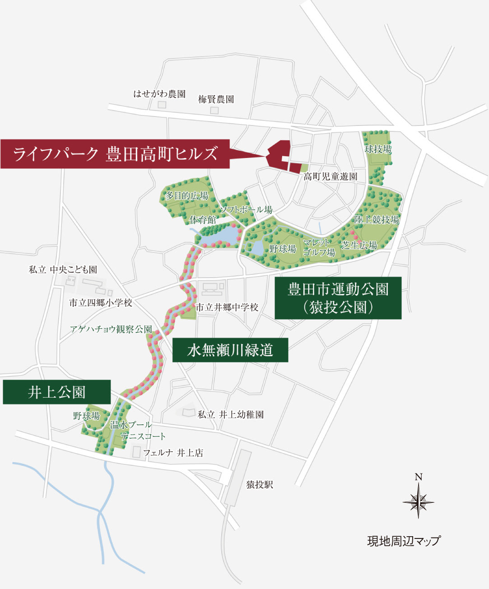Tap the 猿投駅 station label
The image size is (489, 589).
[x=260, y=485]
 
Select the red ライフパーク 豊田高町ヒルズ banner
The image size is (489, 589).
[x=115, y=154]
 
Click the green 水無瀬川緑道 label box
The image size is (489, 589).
[x=230, y=350]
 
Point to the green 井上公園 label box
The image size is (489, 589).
[x=56, y=392]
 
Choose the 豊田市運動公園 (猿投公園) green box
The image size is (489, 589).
[x=338, y=298]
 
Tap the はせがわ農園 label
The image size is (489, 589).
[x=159, y=94]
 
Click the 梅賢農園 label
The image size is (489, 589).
[x=216, y=99]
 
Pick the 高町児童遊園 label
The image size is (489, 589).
[x=330, y=176]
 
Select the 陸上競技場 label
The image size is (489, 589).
[x=377, y=220]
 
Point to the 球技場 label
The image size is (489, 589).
[x=378, y=149]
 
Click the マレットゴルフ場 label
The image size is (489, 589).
[x=319, y=248]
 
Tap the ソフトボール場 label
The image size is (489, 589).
[x=246, y=209]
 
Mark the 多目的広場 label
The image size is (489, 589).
[x=187, y=196]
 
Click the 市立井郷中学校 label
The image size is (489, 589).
[x=227, y=307]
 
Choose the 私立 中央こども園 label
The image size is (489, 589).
[x=63, y=270]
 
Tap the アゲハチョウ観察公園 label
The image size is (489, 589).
[x=111, y=329]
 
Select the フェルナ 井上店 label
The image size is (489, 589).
[x=173, y=453]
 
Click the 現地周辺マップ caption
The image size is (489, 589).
[x=404, y=541]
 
